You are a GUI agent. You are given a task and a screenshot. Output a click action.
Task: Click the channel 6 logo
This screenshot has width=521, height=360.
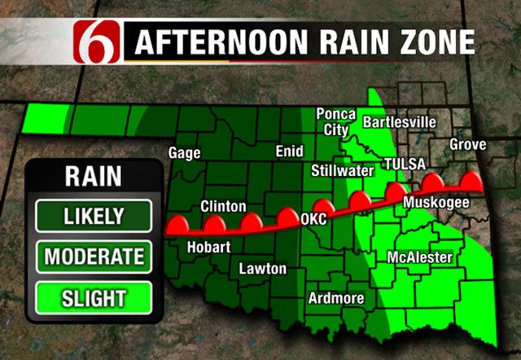[x=100, y=41]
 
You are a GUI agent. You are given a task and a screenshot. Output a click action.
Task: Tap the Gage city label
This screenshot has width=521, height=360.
[x=184, y=152]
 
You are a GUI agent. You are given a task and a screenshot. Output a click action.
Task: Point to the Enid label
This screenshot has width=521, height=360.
[x=289, y=151]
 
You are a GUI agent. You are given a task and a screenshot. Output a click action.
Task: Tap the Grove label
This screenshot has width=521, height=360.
[x=468, y=145]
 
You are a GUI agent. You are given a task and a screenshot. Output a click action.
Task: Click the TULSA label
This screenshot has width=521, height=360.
[x=405, y=165]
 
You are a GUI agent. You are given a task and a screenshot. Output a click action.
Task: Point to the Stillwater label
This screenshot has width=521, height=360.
[x=342, y=170]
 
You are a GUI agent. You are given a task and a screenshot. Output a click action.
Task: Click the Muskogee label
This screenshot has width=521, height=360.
[x=436, y=201]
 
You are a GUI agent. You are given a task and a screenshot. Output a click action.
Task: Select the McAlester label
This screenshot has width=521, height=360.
[x=419, y=257]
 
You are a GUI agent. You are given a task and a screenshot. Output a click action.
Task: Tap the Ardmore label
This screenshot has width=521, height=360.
[x=335, y=298]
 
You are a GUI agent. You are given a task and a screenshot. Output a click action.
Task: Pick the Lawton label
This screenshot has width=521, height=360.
[x=262, y=269]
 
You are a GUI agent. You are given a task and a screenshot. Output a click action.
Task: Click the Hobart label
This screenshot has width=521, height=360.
[x=208, y=247]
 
